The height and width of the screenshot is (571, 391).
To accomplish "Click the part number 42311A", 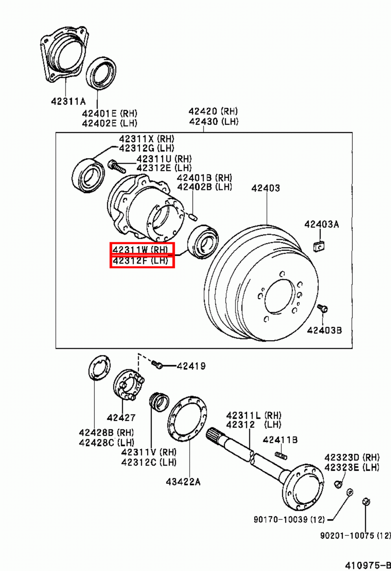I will [x=68, y=102].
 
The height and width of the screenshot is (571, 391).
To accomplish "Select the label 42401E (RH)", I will [x=109, y=113].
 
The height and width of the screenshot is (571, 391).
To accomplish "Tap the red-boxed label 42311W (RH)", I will [x=142, y=249].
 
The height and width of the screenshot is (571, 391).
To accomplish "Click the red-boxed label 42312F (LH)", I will [x=142, y=261].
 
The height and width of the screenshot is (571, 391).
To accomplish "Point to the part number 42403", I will [x=265, y=188].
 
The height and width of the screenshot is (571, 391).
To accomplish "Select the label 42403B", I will [x=324, y=330].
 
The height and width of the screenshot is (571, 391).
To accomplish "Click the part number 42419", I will [x=191, y=366].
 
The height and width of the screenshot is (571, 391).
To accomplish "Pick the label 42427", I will [x=121, y=417].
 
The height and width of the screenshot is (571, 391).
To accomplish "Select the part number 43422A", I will [x=183, y=482].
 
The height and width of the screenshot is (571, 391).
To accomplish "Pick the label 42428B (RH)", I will [x=106, y=433].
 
